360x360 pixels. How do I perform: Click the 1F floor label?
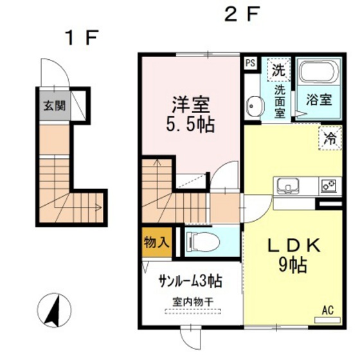coord(80,37)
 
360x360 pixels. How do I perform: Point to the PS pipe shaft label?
coord(250,63)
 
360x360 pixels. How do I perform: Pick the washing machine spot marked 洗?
coord(279,67)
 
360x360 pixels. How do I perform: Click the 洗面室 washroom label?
coord(280,100)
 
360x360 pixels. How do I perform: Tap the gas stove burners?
coord(329,186)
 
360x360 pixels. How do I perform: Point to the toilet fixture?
coord(201,242)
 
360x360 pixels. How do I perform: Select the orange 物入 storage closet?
coord(156,242)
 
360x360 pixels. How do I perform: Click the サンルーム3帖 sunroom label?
coord(191,280)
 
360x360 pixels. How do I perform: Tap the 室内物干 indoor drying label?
coord(191,301)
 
